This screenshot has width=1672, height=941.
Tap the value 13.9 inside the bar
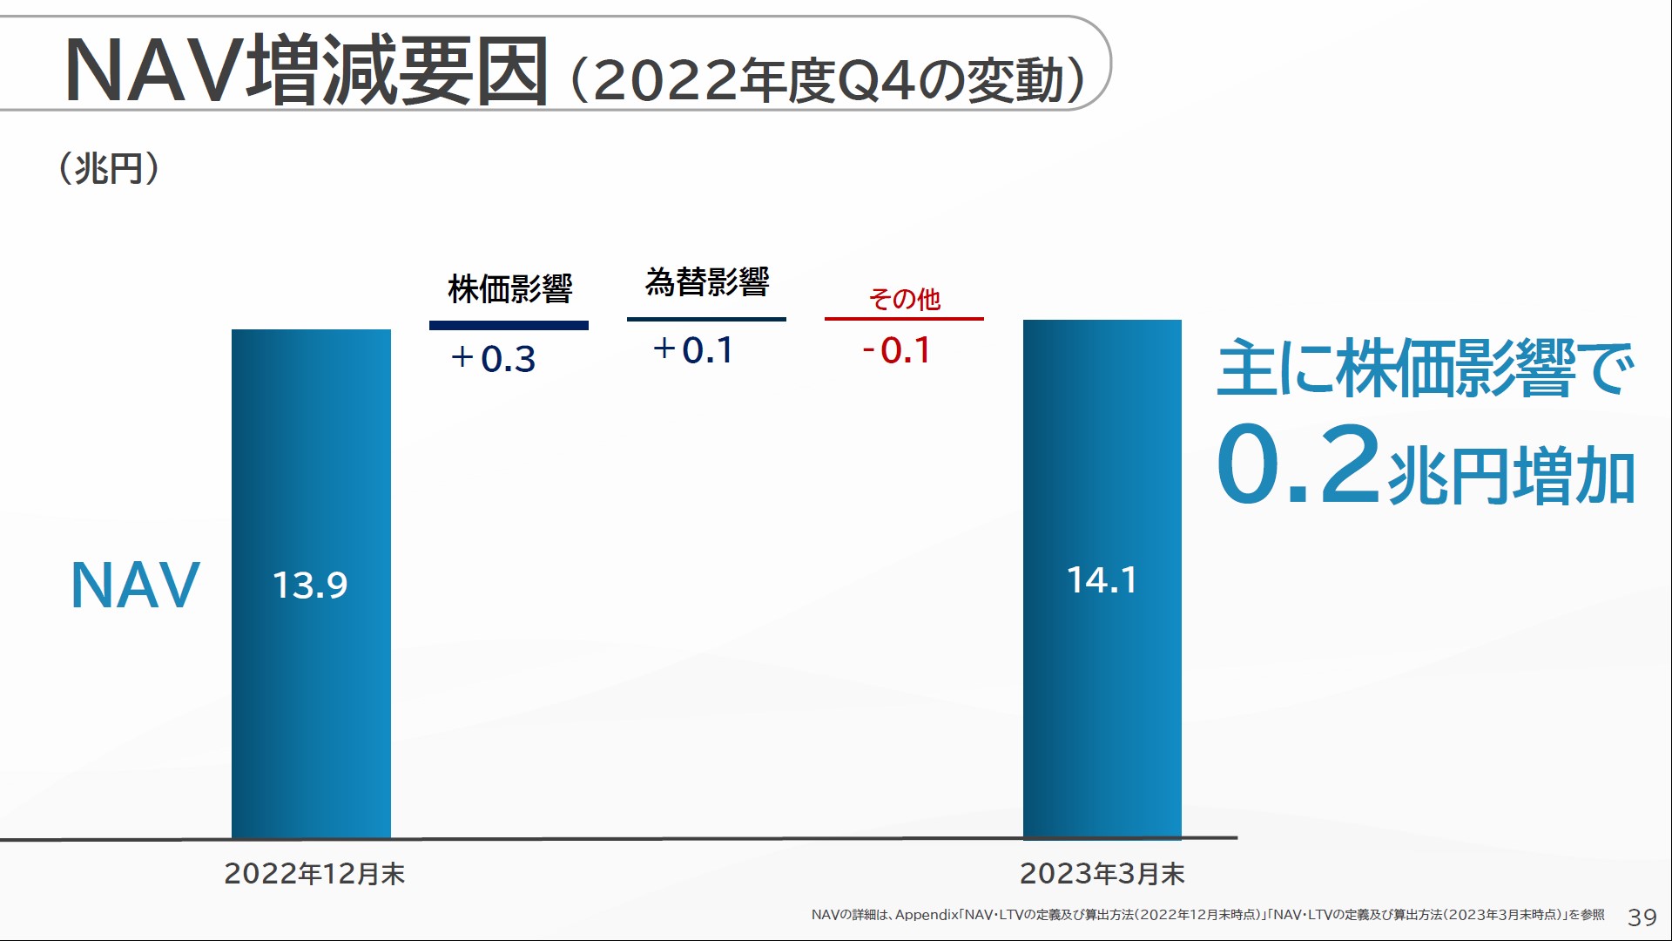coord(310,585)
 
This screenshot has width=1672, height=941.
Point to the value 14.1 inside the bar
coord(1102,580)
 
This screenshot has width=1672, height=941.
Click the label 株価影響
coord(509,288)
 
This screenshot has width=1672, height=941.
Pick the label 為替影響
coord(706,281)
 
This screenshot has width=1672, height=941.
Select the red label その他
coord(904,299)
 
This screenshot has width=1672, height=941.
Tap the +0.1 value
coord(693,350)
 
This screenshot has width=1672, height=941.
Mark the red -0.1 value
coord(896,350)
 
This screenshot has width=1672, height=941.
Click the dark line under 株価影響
coord(509,326)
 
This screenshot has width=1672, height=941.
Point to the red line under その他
coord(904,319)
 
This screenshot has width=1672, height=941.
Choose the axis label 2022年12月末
coord(314,873)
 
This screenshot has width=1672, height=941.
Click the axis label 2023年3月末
coord(1102,873)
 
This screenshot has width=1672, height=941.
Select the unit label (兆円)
coord(109,168)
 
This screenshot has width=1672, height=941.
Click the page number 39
coord(1642,917)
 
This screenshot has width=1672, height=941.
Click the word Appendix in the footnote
coord(926,915)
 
